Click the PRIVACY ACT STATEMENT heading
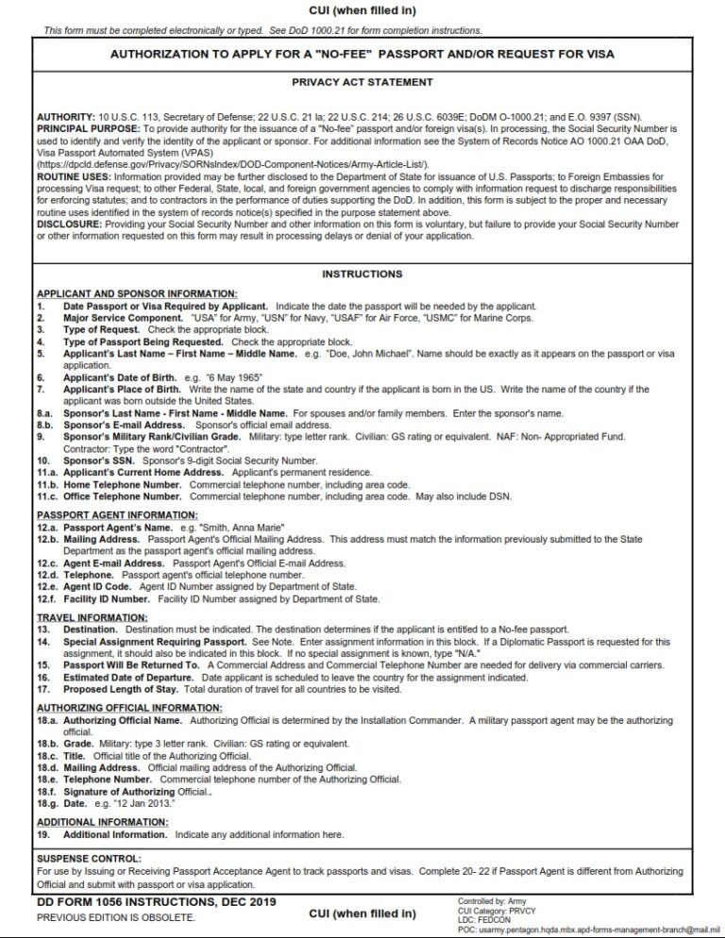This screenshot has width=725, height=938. tap(362, 83)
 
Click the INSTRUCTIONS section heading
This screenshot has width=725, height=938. tap(362, 275)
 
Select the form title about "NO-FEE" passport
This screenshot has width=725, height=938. tap(362, 55)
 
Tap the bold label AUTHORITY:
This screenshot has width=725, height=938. tap(62, 116)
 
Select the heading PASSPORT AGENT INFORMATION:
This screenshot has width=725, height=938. tap(104, 515)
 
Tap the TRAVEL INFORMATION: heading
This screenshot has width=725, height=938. tap(78, 618)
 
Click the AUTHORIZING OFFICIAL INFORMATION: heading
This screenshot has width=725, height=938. tap(116, 707)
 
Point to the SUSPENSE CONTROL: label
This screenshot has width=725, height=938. tap(88, 859)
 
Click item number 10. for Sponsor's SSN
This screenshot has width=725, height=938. tap(42, 460)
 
